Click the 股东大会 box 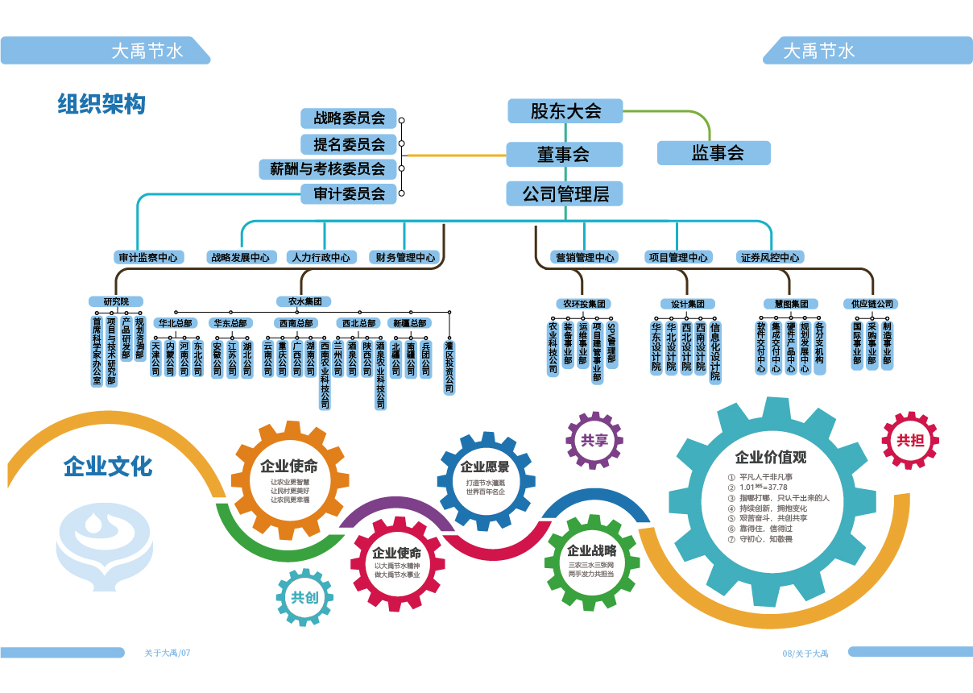coord(565,111)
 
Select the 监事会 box coord(714,153)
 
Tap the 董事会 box coord(564,154)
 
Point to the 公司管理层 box coord(564,194)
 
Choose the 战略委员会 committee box coord(350,119)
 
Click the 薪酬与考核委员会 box coord(328,169)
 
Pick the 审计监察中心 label coord(148,258)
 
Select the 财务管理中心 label coord(405,258)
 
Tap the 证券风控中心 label coord(770,258)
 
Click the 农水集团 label coord(304,301)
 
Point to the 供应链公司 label coord(870,305)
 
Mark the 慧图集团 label coord(791,305)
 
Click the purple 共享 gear coord(594,441)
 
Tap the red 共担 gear coord(910,441)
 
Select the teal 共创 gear coord(304,598)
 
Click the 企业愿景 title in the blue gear coord(484,467)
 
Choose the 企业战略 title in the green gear coord(591,551)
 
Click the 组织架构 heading coord(101,104)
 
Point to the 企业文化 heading coord(108,467)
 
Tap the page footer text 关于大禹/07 coord(168,653)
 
